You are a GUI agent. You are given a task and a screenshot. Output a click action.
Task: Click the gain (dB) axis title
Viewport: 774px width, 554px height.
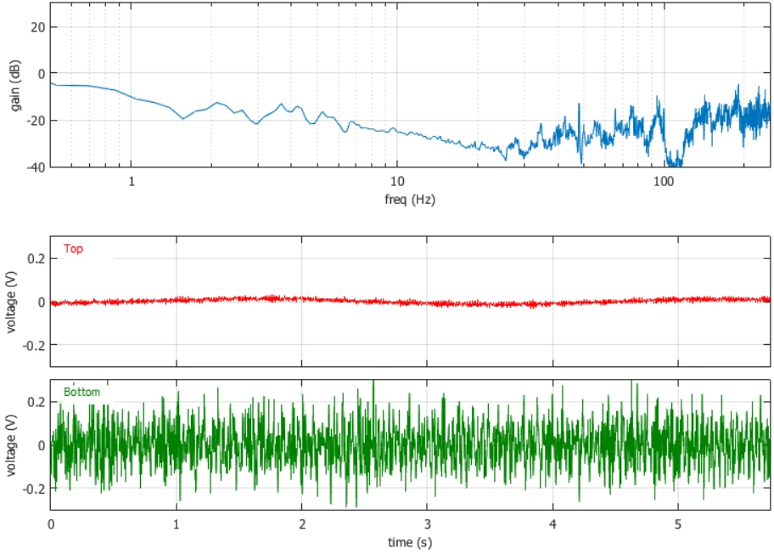tap(15, 86)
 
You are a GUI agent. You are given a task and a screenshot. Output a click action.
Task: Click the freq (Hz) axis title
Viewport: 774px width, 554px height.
tap(410, 199)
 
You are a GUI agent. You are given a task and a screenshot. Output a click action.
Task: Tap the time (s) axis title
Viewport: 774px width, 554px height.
tap(410, 542)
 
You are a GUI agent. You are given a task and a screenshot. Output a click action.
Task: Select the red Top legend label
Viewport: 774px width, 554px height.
tap(73, 249)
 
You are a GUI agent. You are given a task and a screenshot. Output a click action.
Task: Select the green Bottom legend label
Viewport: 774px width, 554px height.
tap(82, 392)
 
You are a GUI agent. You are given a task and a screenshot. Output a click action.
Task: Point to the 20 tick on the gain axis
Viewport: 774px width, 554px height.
tap(37, 27)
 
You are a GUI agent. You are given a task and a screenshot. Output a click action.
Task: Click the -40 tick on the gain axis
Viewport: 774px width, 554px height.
tap(36, 167)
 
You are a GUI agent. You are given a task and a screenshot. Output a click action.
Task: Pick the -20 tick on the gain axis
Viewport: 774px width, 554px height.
tap(36, 121)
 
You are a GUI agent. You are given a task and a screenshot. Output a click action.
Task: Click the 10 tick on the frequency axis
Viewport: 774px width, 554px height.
tap(397, 181)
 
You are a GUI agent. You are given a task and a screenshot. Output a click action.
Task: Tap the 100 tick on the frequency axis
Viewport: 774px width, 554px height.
tap(663, 181)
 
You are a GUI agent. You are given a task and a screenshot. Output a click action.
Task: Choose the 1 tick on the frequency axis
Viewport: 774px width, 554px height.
tap(132, 181)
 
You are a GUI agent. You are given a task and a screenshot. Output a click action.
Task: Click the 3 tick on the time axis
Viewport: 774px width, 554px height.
tap(428, 524)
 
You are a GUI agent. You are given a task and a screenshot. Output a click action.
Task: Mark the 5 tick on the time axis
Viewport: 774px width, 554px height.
tap(678, 524)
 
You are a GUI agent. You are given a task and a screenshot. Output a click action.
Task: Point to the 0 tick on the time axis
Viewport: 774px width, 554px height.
tap(51, 524)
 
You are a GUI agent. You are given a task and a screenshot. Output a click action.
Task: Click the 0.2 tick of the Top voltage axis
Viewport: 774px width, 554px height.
tap(36, 258)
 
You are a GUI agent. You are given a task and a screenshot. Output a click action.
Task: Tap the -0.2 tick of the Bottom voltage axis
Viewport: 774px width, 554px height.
tap(34, 489)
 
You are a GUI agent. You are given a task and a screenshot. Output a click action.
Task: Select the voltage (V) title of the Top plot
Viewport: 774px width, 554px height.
tap(11, 302)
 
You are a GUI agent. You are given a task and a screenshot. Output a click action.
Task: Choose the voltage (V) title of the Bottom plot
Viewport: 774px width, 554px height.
tap(11, 445)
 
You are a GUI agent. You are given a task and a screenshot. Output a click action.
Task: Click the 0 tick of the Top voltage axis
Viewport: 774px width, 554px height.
tap(42, 302)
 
